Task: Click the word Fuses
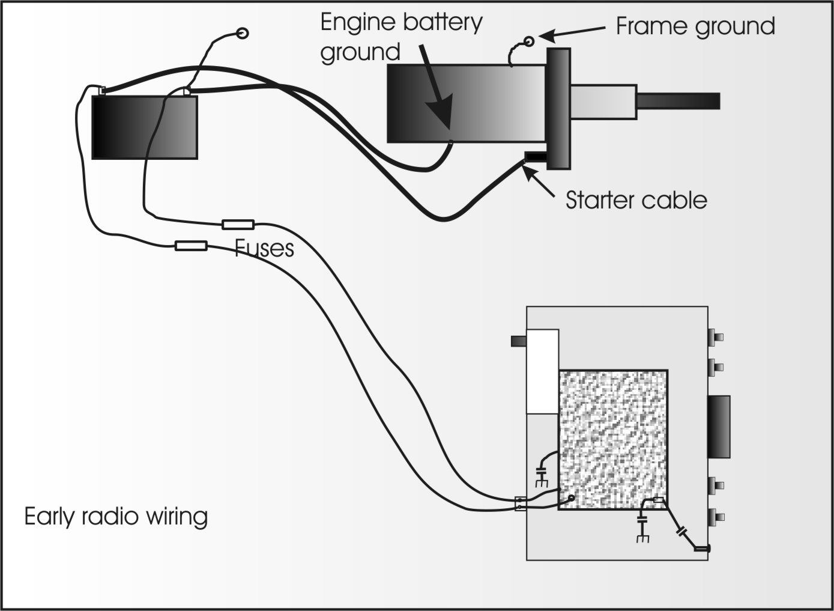264,248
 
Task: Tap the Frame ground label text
695,27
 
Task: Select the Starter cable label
636,199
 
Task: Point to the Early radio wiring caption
116,517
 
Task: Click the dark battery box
144,127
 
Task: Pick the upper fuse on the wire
238,225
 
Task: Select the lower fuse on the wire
191,245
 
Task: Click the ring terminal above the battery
243,33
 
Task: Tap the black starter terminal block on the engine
536,157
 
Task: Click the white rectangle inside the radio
543,371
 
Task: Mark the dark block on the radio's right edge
719,427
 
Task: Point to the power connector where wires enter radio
521,503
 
